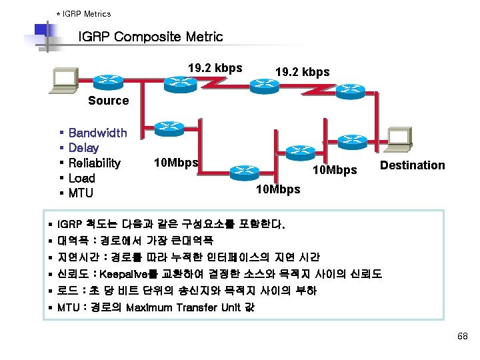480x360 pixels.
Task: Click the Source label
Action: (x=108, y=101)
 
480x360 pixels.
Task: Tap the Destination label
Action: (x=412, y=165)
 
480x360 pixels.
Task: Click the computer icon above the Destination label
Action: (x=399, y=137)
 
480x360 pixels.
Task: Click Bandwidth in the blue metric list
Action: (x=97, y=133)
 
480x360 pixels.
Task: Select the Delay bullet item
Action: (x=83, y=148)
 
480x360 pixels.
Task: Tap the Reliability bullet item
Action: (x=95, y=163)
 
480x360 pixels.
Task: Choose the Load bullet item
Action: (x=82, y=178)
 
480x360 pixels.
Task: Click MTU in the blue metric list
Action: (x=81, y=193)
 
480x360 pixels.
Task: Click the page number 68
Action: (x=463, y=337)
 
